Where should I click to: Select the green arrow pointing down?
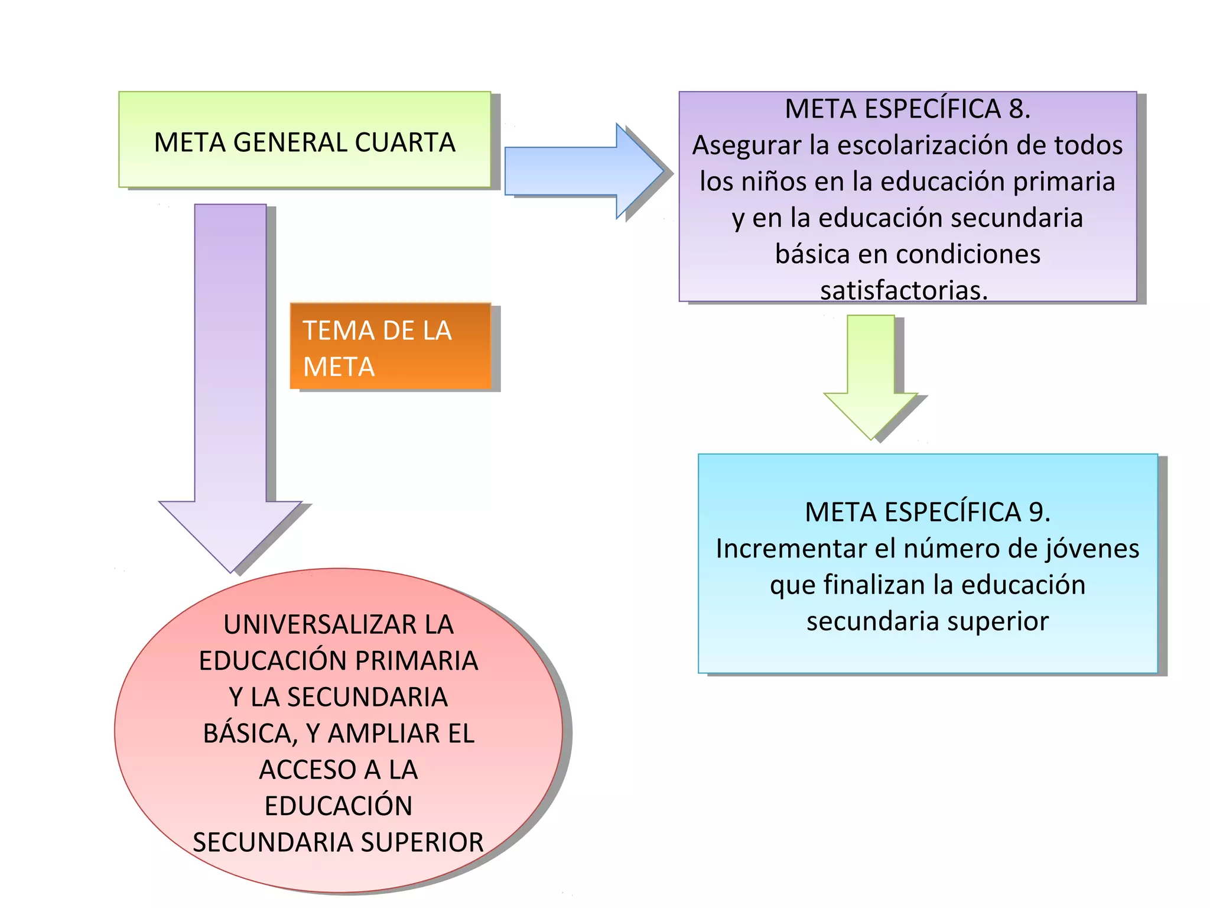tap(871, 378)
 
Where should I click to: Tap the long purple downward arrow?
tap(230, 384)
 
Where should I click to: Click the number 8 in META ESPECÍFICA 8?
tap(1016, 109)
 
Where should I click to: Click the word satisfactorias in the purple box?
tap(903, 290)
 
